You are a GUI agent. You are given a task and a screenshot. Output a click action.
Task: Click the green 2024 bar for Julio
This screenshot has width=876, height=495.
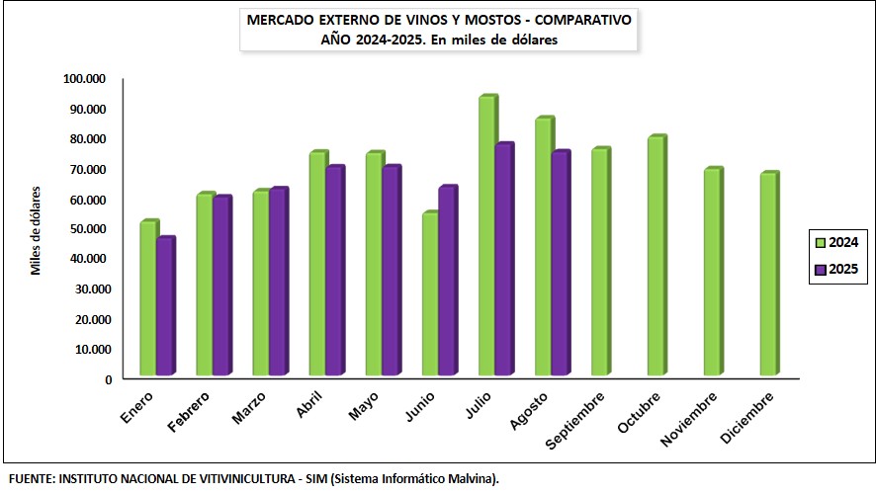coord(486,237)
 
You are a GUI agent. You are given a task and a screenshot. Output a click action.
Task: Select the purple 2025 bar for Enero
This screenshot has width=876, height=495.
coord(165,307)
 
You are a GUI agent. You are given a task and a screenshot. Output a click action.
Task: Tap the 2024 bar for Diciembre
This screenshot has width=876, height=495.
coord(768,275)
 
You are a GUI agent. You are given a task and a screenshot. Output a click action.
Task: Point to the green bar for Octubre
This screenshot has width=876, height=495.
coord(656,257)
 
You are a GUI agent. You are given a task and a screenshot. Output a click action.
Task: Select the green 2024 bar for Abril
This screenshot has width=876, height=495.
coord(317,265)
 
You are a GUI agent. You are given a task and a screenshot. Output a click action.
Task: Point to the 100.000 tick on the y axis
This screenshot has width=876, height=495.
coord(84,78)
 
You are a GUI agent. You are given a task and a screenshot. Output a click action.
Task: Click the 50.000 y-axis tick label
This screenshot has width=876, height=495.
coord(84,228)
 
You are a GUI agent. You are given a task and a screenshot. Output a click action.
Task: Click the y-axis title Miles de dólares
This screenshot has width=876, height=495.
coord(36,228)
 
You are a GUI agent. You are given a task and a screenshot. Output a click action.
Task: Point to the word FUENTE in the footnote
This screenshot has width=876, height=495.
coord(30,479)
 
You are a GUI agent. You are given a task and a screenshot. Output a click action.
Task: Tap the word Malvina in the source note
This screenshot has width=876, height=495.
coord(469,479)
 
